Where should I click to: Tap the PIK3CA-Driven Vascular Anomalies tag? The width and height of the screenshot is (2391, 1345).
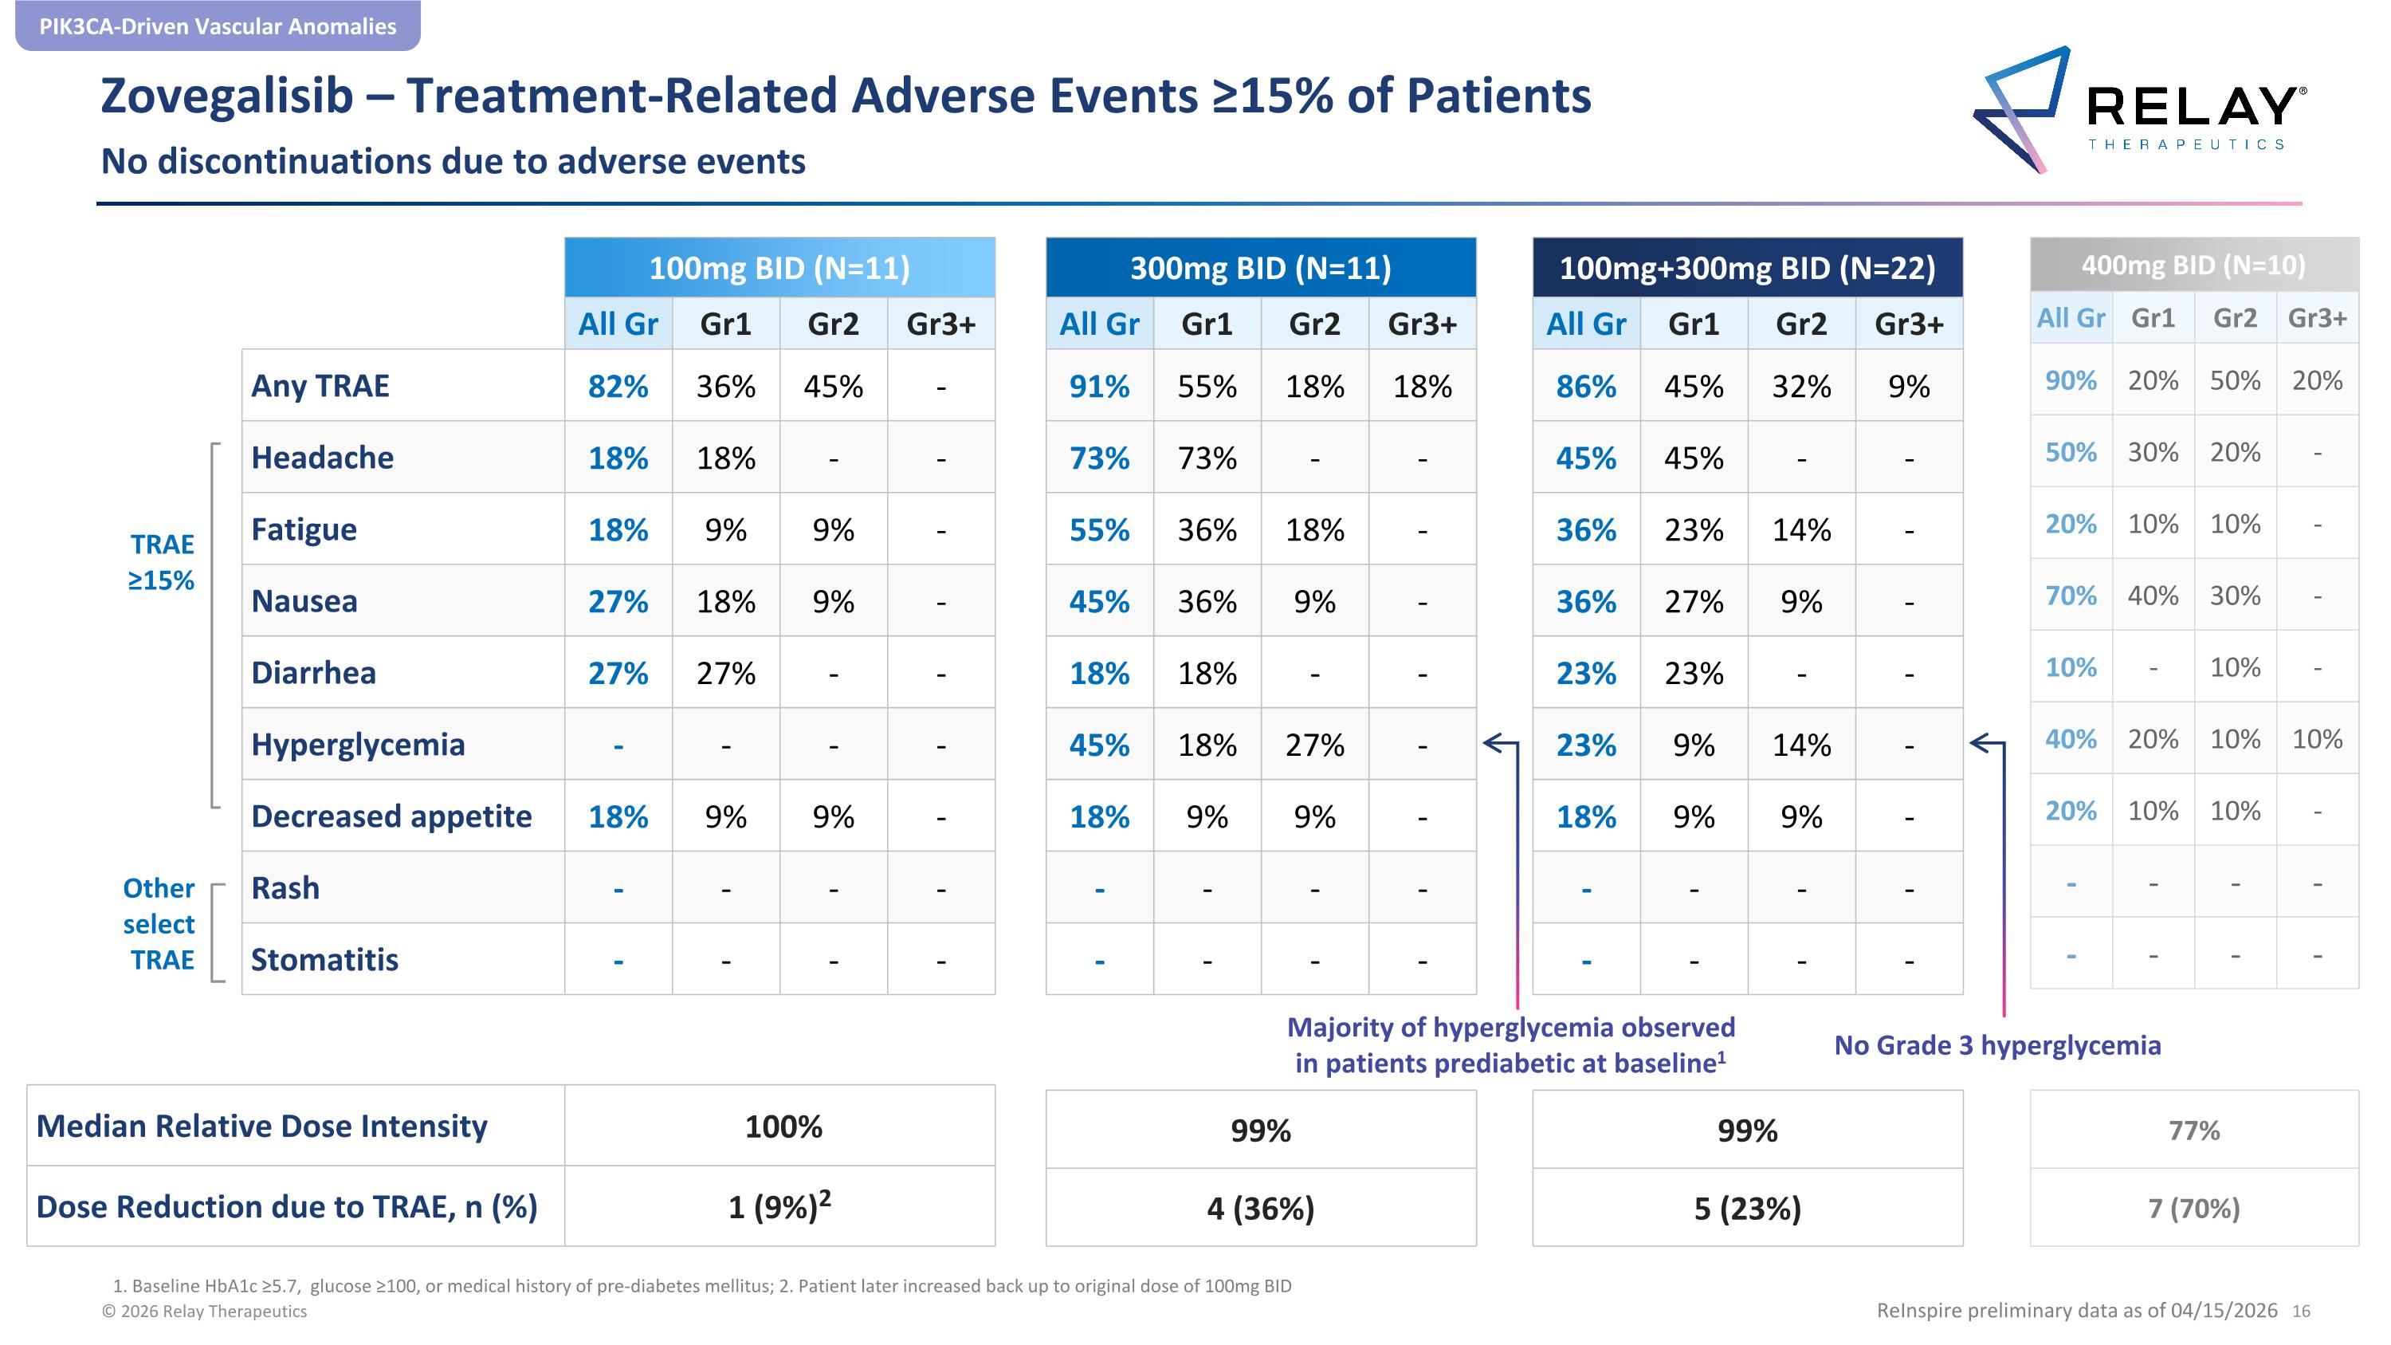[x=218, y=26]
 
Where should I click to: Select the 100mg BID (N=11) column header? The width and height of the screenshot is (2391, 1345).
[x=779, y=267]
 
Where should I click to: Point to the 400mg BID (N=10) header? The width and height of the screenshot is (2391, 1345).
[x=2193, y=265]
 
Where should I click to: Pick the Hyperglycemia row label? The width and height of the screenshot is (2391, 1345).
[x=357, y=745]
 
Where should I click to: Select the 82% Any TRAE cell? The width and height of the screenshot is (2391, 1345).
[x=618, y=386]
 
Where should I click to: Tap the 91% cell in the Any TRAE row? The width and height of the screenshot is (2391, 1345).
[x=1099, y=386]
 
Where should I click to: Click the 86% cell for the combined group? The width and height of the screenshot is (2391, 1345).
[x=1585, y=386]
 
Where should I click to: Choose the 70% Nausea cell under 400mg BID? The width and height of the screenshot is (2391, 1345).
[x=2071, y=595]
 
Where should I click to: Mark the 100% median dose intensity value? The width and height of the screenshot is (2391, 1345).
[x=783, y=1127]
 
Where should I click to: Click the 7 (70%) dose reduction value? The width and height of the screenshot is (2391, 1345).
[x=2194, y=1209]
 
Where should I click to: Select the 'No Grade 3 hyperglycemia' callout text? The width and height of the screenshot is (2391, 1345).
[x=1997, y=1046]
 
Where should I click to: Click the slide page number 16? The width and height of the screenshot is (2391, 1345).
[x=2301, y=1312]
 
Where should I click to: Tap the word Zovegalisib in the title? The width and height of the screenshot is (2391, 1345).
[x=226, y=96]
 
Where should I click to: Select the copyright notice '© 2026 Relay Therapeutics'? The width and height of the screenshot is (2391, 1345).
[x=204, y=1312]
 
